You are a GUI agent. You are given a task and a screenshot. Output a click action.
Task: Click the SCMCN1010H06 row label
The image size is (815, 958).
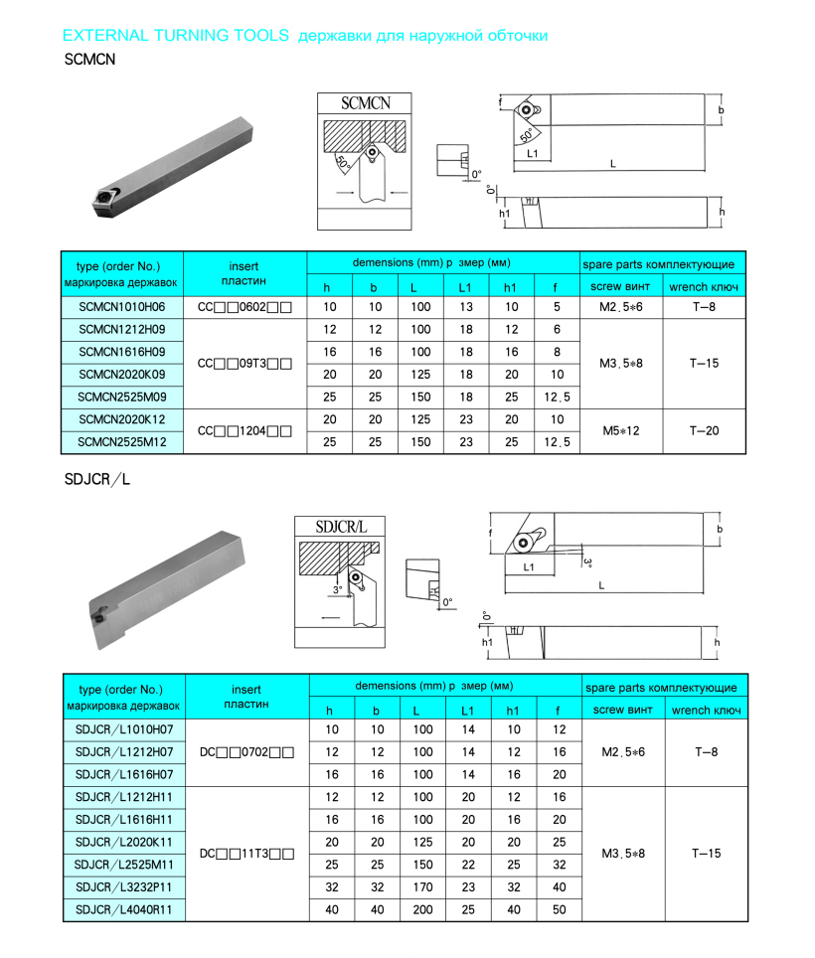pos(122,307)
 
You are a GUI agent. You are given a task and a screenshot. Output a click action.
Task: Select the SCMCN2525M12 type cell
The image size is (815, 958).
pos(122,441)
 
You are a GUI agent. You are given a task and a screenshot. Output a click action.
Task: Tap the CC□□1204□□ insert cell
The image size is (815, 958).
pos(244,430)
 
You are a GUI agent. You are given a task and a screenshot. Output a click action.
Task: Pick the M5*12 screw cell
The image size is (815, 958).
pos(621,430)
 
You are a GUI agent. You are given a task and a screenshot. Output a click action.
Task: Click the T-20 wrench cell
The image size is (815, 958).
pos(704,430)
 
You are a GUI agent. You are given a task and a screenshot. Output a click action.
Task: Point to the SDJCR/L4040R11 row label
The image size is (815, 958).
pos(124,909)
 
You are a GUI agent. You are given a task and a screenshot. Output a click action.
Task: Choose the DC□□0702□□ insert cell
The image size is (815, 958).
pos(246,752)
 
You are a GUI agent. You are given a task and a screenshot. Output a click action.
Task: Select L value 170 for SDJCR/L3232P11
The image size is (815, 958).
pos(422,887)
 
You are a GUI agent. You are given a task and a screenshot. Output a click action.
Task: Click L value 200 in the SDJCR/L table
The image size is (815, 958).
pos(422,909)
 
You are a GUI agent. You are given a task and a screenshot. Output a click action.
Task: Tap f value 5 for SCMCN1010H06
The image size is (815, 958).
pos(557,307)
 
